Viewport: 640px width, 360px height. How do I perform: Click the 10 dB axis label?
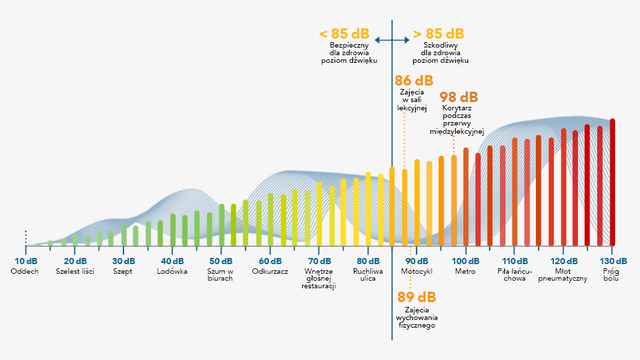click(x=26, y=261)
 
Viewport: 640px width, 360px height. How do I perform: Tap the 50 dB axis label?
click(x=221, y=261)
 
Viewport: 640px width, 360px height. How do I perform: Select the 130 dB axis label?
click(x=612, y=261)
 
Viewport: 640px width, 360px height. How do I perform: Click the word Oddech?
click(x=25, y=271)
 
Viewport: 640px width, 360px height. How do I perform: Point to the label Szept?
click(x=123, y=271)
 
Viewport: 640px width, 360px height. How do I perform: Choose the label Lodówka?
click(x=172, y=271)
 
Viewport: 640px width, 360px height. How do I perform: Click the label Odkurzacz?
click(x=270, y=271)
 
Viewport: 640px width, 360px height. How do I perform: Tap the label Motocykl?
click(x=417, y=271)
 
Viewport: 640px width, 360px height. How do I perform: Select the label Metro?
click(x=465, y=271)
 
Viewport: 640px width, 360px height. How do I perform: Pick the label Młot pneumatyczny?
click(x=563, y=275)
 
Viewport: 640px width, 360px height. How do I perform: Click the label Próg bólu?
click(x=612, y=275)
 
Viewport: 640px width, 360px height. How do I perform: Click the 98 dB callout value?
click(x=459, y=97)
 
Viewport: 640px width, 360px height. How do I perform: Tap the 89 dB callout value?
click(x=417, y=297)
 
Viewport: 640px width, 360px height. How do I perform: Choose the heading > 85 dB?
click(x=439, y=34)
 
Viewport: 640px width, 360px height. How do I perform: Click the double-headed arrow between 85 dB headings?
click(x=392, y=41)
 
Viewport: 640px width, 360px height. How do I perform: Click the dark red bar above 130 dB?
click(x=612, y=182)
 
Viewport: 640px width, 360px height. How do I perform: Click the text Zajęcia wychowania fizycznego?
click(x=416, y=317)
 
